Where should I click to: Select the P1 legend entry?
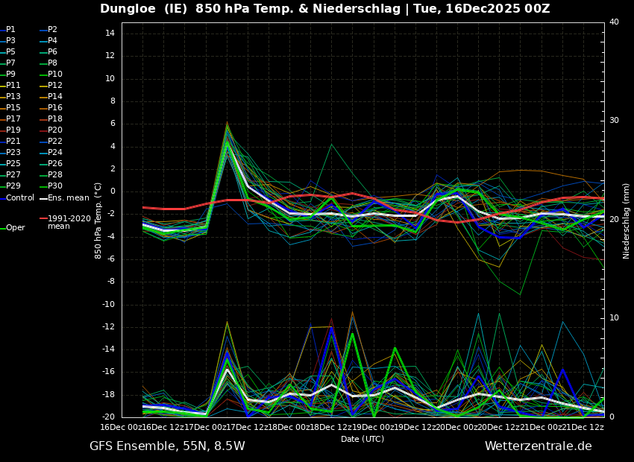10,30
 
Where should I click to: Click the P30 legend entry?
54,186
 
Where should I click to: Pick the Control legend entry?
19,197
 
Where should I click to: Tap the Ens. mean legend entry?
68,197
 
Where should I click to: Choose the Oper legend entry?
15,228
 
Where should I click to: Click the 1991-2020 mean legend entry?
69,222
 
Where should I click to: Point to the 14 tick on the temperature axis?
109,34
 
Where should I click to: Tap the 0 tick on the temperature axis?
112,192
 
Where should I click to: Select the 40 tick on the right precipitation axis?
614,22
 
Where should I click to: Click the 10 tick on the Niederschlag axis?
614,318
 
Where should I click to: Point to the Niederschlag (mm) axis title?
627,221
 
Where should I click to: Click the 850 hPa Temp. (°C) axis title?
98,221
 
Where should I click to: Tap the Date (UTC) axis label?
362,440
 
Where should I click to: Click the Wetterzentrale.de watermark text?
538,446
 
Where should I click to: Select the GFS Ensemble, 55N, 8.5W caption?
167,446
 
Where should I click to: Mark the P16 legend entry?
54,108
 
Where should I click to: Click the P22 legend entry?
54,142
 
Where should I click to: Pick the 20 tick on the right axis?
614,220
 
